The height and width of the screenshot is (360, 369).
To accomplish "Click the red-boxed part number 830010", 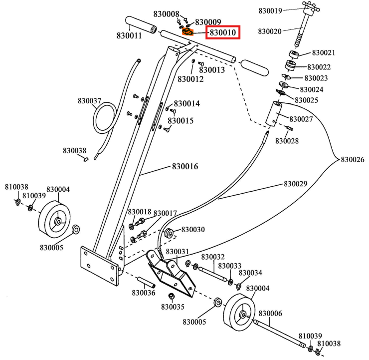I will point(224,33).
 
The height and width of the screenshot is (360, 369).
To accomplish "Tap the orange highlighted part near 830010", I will point(187,32).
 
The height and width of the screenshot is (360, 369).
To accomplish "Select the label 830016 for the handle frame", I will point(185,166).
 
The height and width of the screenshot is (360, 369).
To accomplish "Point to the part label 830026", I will point(352,160).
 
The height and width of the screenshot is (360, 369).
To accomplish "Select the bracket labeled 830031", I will point(172,272).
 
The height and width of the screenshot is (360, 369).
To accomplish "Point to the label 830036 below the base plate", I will point(144,293).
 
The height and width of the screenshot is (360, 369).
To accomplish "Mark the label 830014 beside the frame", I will point(186,103).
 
